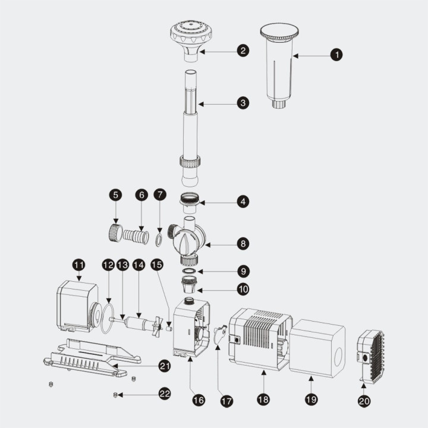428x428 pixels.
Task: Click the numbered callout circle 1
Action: [x=337, y=55]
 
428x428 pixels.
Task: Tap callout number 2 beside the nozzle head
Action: [x=243, y=51]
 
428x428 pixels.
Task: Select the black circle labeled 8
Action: [x=243, y=243]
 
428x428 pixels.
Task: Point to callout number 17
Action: [x=226, y=401]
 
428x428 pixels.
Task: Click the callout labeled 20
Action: [x=364, y=401]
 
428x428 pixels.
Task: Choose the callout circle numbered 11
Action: [x=78, y=264]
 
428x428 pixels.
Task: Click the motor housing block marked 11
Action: [x=76, y=306]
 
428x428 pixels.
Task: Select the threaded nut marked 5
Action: [x=115, y=232]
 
